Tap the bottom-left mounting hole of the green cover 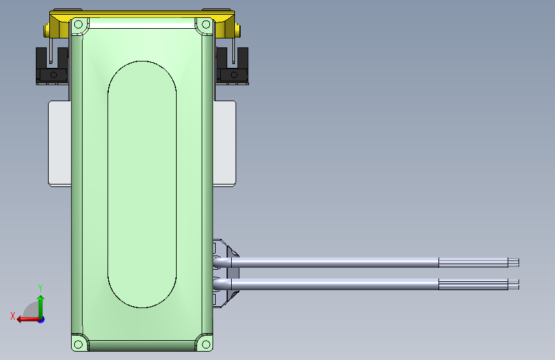click(78, 344)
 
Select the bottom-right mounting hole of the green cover click(205, 344)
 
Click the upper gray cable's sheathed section click(333, 262)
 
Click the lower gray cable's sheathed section click(333, 284)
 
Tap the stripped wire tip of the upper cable click(513, 262)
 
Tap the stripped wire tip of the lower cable click(513, 284)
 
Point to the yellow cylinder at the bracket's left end click(46, 30)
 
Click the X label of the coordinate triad click(12, 316)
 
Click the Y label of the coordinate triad click(40, 288)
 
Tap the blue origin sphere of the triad click(40, 318)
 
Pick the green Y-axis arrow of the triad click(40, 304)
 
